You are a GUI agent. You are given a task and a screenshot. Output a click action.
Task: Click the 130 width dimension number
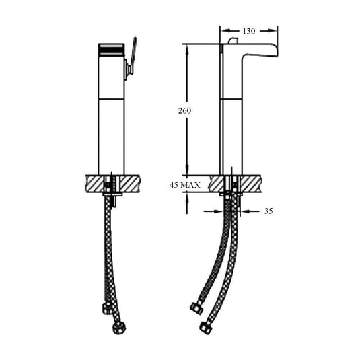(248, 30)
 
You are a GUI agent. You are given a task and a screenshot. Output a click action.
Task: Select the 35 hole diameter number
(268, 211)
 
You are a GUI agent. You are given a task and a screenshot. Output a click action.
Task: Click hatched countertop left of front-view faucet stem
(94, 182)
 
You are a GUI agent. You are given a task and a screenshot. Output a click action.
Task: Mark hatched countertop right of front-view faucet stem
(133, 182)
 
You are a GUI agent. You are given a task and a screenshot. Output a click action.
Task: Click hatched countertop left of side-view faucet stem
(216, 182)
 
